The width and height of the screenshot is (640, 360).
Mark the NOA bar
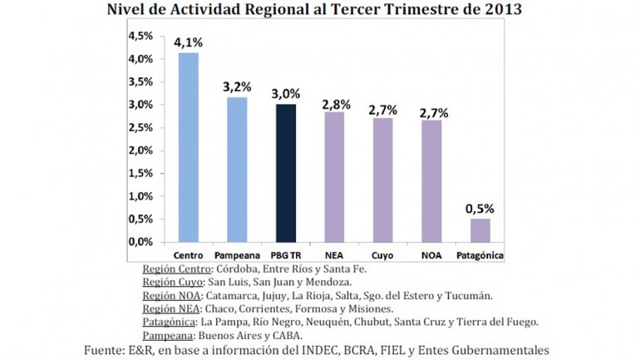[x=431, y=180]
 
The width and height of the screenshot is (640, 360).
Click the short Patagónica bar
[x=480, y=229]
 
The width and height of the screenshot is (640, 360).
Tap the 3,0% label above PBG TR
[x=286, y=94]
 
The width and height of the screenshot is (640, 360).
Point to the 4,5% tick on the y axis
[x=139, y=37]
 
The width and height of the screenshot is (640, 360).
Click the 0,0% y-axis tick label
[x=139, y=242]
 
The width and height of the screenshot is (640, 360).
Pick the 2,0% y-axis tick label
[x=139, y=150]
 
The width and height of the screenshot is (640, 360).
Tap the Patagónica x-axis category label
[x=480, y=254]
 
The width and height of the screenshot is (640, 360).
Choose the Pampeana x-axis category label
[x=239, y=254]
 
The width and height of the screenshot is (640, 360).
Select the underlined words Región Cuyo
[x=171, y=282]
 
